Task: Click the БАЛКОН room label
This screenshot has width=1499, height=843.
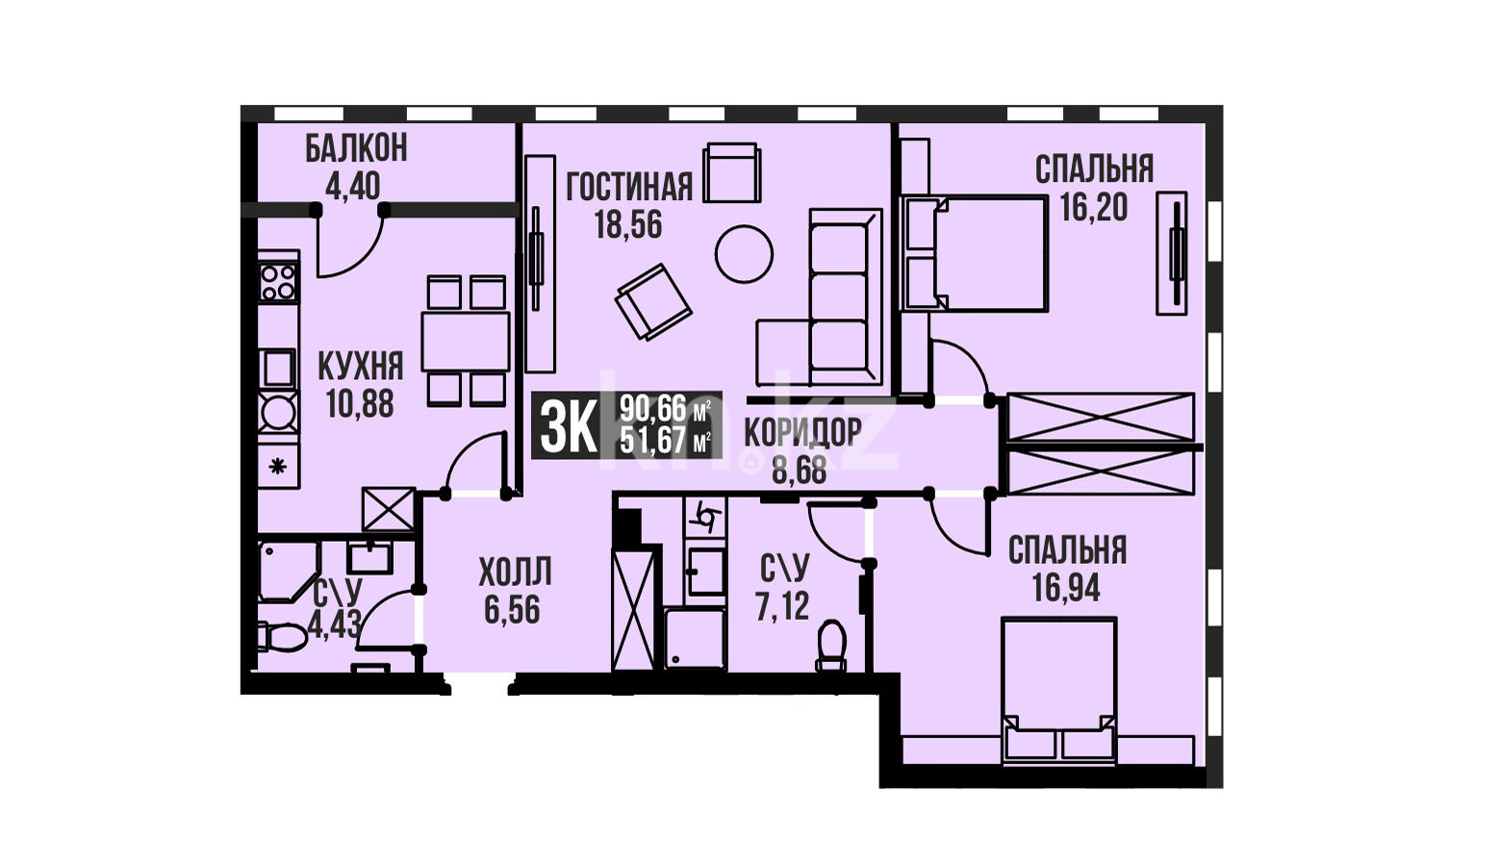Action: point(356,148)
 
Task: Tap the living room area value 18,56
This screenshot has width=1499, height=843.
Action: point(628,224)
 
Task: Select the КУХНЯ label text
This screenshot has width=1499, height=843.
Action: point(361,366)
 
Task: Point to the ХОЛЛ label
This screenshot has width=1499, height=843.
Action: point(516,572)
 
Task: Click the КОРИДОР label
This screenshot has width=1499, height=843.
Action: point(803,432)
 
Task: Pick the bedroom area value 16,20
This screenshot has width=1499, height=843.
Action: point(1094,207)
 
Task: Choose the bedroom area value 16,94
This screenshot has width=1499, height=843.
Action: point(1066,588)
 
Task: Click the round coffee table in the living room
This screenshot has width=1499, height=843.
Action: point(744,254)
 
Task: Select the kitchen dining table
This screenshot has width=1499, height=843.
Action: point(465,342)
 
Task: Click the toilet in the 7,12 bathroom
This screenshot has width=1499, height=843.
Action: point(831,645)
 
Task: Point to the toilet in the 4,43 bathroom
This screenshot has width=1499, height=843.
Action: point(282,637)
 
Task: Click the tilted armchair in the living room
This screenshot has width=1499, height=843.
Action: point(653,302)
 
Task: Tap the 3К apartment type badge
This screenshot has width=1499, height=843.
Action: point(569,425)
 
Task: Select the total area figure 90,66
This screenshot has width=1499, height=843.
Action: point(654,407)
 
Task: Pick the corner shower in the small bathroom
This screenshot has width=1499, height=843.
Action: point(289,572)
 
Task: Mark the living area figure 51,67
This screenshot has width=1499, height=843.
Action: point(654,442)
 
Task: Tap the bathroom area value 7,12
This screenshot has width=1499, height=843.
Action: point(783,606)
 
